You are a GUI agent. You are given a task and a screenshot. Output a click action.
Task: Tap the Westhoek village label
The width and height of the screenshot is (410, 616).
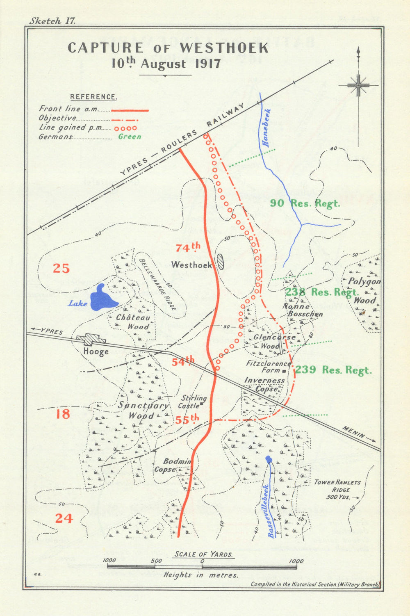pos(192,265)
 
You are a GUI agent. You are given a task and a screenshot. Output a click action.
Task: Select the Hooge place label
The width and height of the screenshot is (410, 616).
pos(96,351)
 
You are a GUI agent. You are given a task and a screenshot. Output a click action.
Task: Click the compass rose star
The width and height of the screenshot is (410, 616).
pos(358,86)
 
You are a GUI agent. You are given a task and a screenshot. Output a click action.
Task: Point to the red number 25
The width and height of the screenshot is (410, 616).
pos(61,269)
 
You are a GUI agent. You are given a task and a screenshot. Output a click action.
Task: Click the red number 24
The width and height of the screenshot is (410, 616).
pos(64,518)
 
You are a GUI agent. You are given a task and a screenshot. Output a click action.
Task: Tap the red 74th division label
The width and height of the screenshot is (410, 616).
pos(188,247)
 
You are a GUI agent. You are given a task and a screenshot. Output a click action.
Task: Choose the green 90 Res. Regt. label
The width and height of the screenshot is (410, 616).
pos(305,203)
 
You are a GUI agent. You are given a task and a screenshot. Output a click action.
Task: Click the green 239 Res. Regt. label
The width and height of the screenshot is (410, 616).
pos(333,370)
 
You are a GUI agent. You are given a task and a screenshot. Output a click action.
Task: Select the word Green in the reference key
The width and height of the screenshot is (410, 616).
pos(130,137)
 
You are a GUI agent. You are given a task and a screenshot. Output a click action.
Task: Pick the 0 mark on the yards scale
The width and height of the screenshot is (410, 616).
pos(202,561)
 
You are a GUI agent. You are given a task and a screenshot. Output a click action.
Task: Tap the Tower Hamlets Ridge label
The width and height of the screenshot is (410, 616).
pos(338,489)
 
